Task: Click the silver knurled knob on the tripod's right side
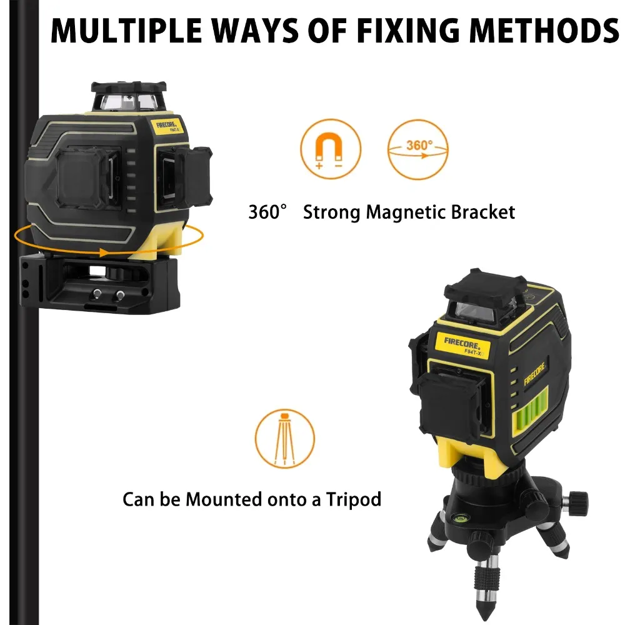click(x=579, y=500)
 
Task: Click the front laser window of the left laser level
click(x=85, y=177)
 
